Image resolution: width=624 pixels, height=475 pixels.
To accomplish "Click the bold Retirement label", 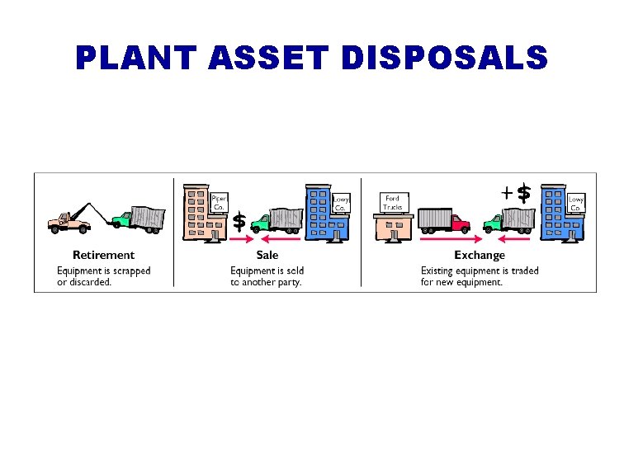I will click(103, 255).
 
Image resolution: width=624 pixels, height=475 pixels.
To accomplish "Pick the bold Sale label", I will click(267, 255).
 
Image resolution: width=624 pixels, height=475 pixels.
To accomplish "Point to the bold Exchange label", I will click(479, 255).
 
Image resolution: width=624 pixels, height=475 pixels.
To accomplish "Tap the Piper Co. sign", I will click(219, 203).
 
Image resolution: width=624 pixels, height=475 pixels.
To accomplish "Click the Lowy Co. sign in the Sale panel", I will click(342, 203).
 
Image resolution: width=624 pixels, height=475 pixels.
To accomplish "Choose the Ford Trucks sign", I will click(392, 203).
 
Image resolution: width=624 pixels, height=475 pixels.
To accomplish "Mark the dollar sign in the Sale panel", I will click(239, 221).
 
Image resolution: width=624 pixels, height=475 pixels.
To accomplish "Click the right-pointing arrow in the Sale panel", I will click(241, 240).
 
